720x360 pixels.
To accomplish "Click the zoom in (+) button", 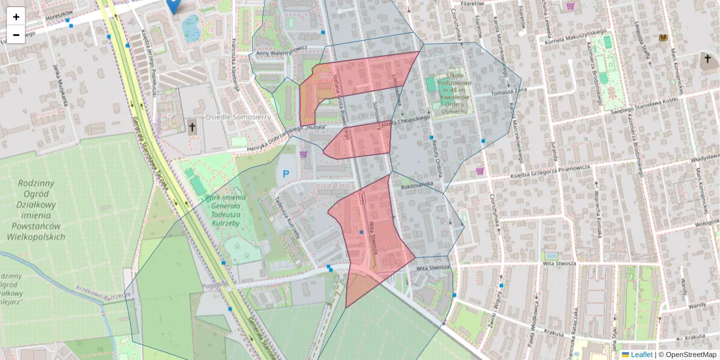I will (16, 16).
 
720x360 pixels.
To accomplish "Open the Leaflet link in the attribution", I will (641, 355).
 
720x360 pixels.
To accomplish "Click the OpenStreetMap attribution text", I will (690, 355).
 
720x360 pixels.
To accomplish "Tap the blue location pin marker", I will (173, 5).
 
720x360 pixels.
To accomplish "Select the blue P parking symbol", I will (286, 174).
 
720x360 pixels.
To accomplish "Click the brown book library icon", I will (663, 38).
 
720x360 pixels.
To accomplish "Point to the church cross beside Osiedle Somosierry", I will (192, 127).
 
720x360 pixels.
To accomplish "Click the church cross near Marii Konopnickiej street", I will (708, 59).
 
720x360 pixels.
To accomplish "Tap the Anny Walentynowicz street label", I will (281, 52).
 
